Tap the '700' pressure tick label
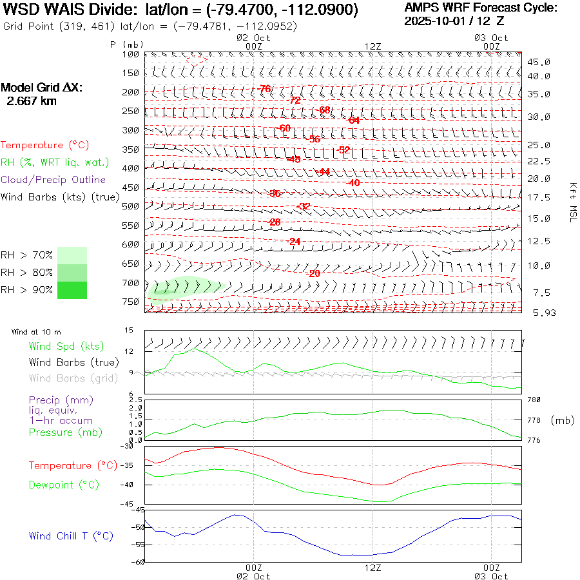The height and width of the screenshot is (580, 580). click(130, 283)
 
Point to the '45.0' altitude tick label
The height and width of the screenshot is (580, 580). click(538, 62)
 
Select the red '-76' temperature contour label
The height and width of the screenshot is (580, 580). click(264, 88)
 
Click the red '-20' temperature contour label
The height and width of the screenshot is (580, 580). click(314, 273)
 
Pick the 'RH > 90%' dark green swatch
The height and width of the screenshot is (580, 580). click(72, 290)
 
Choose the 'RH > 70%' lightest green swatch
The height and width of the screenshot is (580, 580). click(72, 255)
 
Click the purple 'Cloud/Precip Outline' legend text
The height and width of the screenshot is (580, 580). click(53, 180)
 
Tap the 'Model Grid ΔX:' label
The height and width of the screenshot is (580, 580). click(42, 88)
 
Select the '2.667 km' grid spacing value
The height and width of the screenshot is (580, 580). click(31, 101)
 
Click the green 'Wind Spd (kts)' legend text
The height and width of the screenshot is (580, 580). click(66, 347)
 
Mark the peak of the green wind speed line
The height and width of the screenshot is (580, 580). click(195, 349)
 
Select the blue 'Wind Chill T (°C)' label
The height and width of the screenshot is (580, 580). click(71, 536)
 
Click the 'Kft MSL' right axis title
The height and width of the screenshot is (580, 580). click(572, 201)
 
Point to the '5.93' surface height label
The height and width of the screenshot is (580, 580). click(538, 313)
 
